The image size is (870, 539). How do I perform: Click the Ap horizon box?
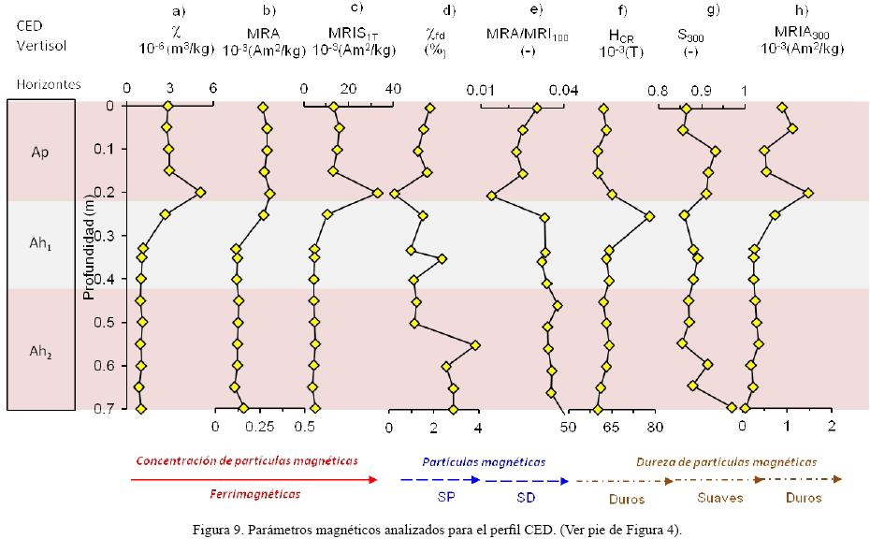click(x=39, y=151)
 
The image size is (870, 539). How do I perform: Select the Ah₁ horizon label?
click(x=39, y=246)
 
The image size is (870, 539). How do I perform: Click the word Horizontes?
click(x=48, y=84)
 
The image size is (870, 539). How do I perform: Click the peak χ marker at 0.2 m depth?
click(x=199, y=192)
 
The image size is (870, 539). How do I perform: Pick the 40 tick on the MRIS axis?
click(x=392, y=89)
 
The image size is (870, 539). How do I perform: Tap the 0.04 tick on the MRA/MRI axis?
click(x=563, y=90)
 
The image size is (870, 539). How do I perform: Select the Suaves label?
click(x=719, y=498)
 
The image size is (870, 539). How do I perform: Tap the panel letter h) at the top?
click(x=801, y=11)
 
